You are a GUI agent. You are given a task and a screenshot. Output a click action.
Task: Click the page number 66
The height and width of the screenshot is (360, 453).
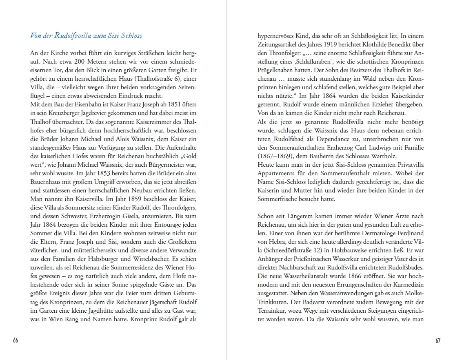16,341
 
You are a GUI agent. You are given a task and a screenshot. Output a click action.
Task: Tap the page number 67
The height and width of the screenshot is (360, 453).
438,341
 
